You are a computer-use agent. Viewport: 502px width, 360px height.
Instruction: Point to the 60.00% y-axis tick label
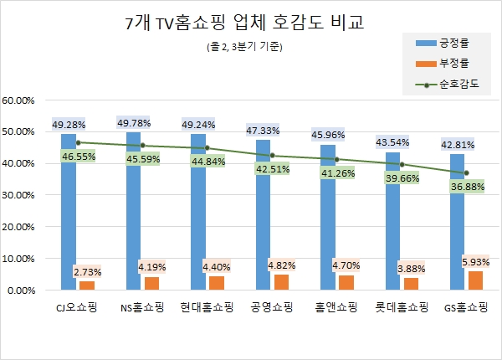tap(20, 100)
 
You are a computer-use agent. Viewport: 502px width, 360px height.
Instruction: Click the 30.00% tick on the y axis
tap(20, 196)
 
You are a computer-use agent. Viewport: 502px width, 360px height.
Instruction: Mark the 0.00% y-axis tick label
tap(23, 291)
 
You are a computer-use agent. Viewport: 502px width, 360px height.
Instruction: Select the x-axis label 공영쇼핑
tap(268, 307)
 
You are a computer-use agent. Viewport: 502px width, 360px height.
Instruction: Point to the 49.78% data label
tap(134, 124)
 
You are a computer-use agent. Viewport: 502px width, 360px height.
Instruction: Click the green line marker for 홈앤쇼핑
tap(337, 159)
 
